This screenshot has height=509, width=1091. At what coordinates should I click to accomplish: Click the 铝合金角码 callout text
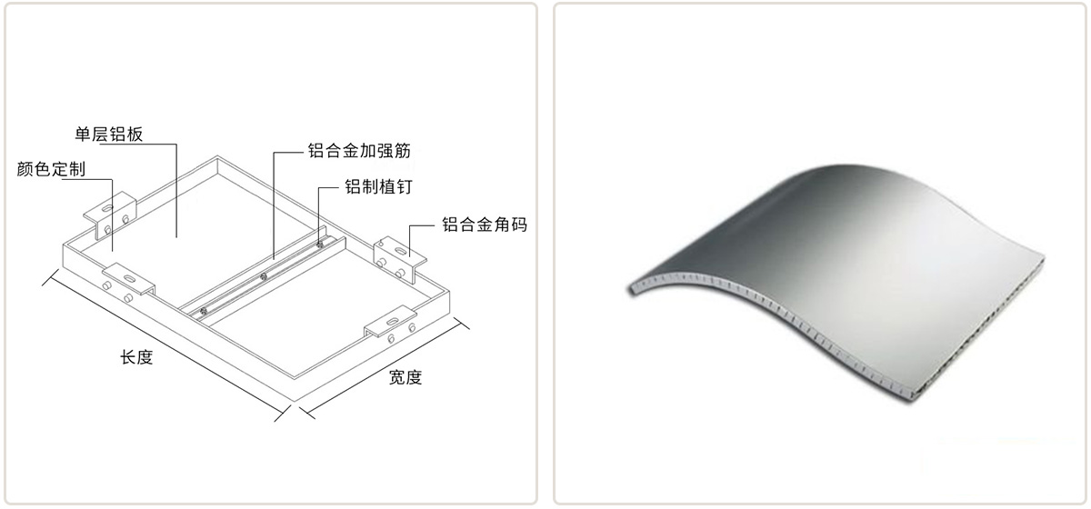click(x=485, y=225)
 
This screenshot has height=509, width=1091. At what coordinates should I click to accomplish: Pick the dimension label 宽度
click(x=405, y=377)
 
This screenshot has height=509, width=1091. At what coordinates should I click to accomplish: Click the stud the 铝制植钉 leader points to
click(x=319, y=243)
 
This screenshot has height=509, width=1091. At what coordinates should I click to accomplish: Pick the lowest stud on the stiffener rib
click(x=204, y=312)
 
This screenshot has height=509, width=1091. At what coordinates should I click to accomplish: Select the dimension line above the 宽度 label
click(x=385, y=368)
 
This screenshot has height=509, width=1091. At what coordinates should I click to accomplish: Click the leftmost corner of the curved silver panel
click(x=630, y=289)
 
